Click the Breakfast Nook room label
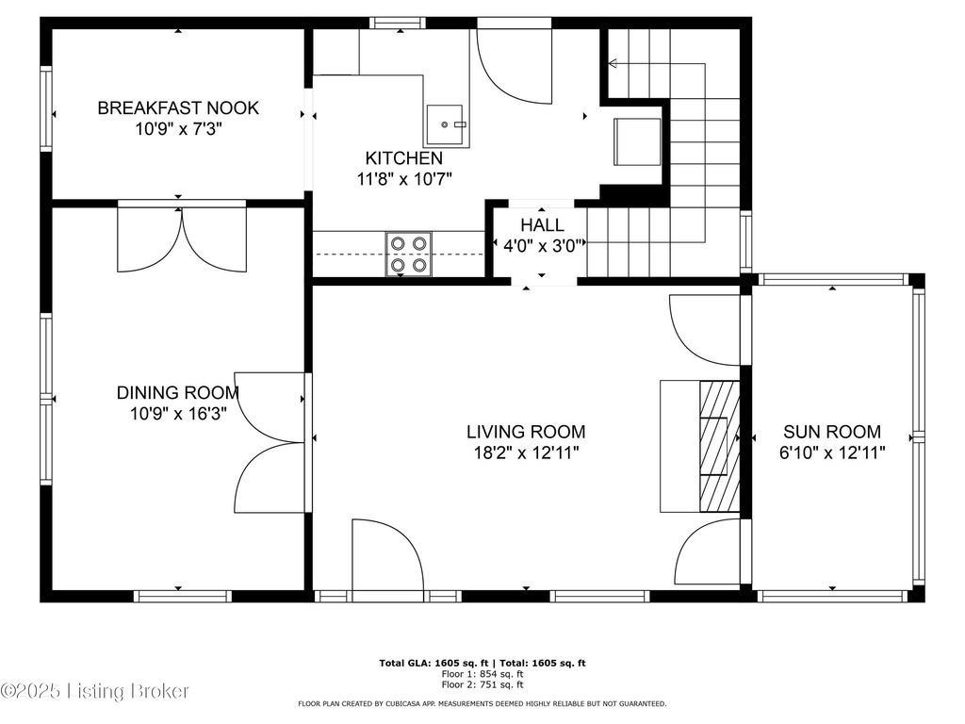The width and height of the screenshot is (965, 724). (178, 107)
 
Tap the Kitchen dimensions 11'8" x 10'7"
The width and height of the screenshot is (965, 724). (404, 179)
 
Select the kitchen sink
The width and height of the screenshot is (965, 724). (445, 125)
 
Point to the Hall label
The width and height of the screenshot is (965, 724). (542, 224)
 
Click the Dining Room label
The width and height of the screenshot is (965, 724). (178, 392)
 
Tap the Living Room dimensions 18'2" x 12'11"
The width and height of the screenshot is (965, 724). (526, 453)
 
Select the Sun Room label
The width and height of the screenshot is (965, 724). (832, 432)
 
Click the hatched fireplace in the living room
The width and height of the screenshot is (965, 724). (719, 446)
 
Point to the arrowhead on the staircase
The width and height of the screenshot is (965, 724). (613, 63)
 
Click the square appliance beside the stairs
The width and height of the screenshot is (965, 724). (637, 142)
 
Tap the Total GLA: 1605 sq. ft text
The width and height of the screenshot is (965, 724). (433, 663)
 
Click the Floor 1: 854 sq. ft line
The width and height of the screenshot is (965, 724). (482, 674)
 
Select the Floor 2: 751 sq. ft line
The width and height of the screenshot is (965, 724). (482, 684)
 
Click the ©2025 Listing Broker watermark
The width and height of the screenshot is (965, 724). (94, 691)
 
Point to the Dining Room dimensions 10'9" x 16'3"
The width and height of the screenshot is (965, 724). (178, 413)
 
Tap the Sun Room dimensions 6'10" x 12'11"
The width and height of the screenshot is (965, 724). (832, 453)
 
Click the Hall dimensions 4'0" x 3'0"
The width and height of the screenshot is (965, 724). (543, 246)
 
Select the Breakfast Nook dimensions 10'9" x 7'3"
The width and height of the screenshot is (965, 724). (178, 129)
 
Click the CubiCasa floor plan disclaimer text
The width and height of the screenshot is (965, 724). (482, 703)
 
